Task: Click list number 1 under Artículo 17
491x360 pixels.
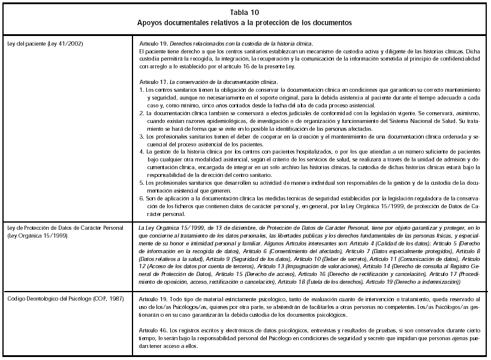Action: click(x=141, y=89)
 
